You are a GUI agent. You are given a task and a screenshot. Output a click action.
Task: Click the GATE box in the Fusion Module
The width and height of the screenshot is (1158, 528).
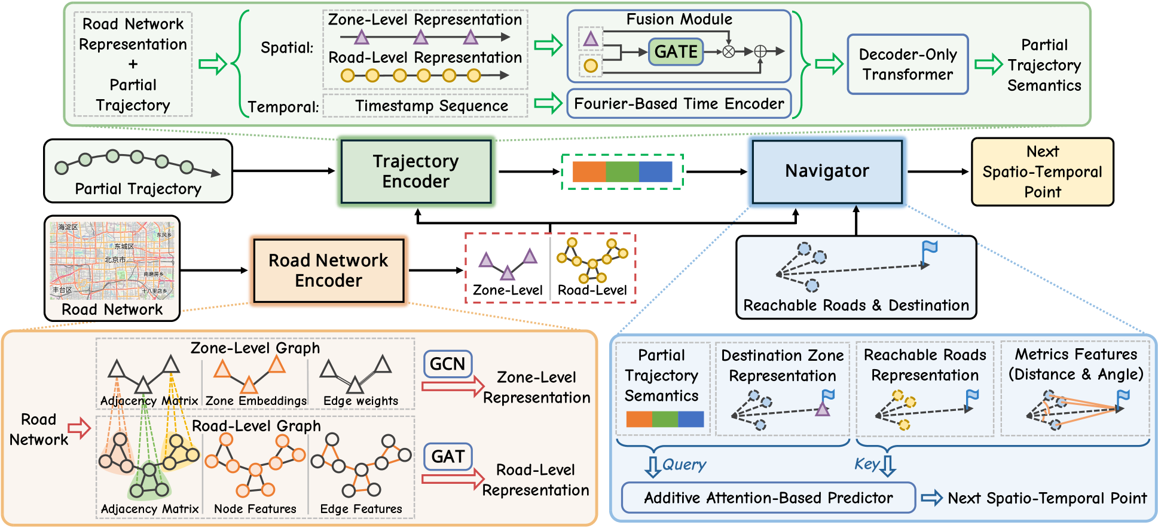tap(676, 52)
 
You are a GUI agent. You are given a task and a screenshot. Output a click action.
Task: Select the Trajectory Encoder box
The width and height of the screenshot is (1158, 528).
tap(416, 171)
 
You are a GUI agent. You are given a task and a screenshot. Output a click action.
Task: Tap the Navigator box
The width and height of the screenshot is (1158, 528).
tap(827, 171)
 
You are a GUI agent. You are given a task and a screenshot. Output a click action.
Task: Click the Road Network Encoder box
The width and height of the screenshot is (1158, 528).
tap(328, 271)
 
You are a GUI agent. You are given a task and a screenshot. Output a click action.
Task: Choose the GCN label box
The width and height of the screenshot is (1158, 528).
tap(447, 364)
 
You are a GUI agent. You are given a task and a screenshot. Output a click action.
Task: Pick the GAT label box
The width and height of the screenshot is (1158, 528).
tap(448, 456)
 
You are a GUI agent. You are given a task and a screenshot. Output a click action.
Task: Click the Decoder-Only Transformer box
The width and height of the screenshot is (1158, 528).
tap(908, 65)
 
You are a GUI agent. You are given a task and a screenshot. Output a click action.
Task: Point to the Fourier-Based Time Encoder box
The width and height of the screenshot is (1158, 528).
tap(679, 104)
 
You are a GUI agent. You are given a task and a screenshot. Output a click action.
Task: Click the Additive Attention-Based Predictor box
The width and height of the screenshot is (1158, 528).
tap(768, 498)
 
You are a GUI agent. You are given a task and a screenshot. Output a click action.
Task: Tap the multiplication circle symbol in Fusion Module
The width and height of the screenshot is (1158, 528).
tap(729, 52)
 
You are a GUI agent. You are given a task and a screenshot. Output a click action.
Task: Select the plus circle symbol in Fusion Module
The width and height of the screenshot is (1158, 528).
tap(760, 52)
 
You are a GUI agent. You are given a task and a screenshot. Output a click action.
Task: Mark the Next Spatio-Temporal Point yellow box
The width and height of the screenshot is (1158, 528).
tap(1042, 172)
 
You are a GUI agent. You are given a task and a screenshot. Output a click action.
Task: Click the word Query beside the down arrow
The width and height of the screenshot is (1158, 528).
tap(684, 465)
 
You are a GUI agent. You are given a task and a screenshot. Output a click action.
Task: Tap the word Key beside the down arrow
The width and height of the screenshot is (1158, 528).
tap(866, 464)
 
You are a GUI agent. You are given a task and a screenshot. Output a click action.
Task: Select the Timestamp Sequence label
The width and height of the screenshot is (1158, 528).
tap(432, 106)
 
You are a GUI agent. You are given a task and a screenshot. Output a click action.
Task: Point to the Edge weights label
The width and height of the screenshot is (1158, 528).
tap(360, 401)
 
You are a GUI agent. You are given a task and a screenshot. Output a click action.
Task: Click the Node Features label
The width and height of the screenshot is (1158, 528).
tap(255, 509)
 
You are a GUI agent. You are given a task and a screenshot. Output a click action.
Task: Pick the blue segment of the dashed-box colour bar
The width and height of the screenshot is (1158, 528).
tap(655, 171)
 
